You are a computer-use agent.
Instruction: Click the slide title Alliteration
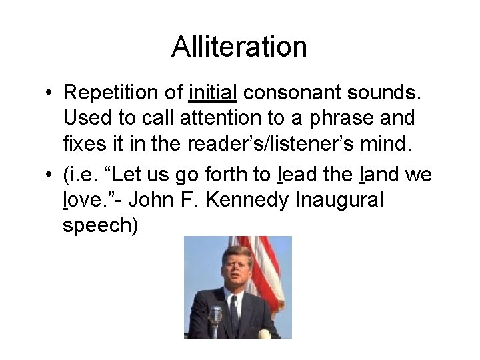[239, 47]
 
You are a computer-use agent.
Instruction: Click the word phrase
[354, 118]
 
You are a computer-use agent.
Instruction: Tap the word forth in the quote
[229, 175]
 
